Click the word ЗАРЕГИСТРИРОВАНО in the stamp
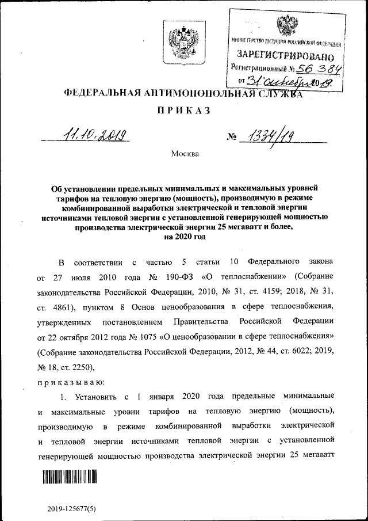click(285, 56)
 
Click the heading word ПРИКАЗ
click(183, 110)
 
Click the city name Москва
click(185, 154)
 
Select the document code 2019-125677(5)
click(71, 509)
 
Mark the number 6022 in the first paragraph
click(294, 351)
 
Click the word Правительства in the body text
click(197, 321)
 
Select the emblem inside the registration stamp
click(286, 26)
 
